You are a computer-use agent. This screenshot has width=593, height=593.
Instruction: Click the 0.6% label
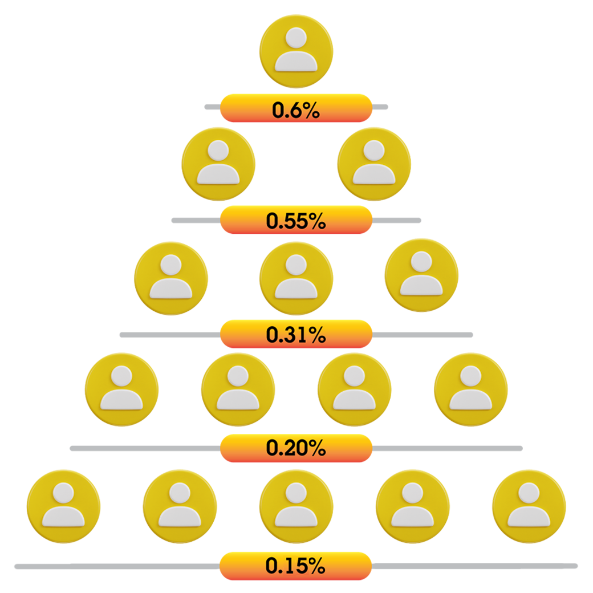[x=295, y=110]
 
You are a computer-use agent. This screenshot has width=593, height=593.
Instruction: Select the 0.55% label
[x=295, y=221]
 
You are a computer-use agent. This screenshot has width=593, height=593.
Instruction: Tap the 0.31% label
[x=295, y=335]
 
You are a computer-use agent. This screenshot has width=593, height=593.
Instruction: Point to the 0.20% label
[x=295, y=448]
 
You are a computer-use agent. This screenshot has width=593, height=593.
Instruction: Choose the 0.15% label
[x=295, y=566]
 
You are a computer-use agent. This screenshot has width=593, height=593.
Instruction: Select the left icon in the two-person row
[x=218, y=163]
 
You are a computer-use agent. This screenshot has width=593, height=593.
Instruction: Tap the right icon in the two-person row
[x=373, y=163]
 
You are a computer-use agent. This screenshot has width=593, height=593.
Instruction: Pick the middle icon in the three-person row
[x=295, y=277]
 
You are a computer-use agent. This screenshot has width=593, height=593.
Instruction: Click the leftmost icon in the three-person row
[x=170, y=277]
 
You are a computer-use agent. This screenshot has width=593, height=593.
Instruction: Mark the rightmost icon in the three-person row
[x=421, y=275]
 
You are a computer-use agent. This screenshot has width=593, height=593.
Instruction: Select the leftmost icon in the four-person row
[x=121, y=389]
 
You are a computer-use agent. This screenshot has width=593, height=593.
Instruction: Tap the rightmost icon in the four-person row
[x=471, y=389]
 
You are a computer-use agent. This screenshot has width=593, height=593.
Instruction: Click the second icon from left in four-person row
[x=238, y=389]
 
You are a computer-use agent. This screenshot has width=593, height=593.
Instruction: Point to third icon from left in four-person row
[x=354, y=389]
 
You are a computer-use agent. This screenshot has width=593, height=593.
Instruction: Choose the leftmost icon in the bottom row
[x=63, y=505]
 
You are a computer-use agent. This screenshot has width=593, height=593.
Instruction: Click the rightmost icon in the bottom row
[x=529, y=505]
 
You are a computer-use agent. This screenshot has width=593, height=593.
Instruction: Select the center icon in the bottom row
[x=295, y=505]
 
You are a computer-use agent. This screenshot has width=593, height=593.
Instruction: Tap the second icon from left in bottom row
[x=180, y=505]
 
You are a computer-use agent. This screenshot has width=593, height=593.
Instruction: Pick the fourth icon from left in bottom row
[x=412, y=505]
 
